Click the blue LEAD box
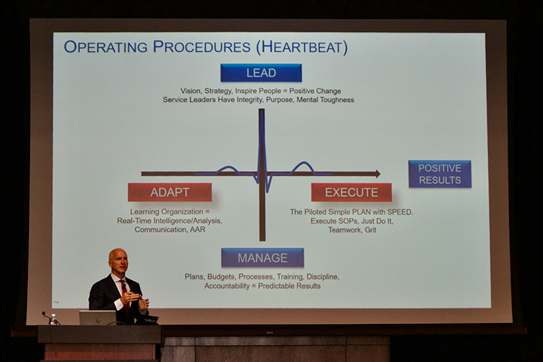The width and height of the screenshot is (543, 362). coord(261,73)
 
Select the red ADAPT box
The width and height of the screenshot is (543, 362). coord(170,192)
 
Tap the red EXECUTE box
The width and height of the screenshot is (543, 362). coord(352,192)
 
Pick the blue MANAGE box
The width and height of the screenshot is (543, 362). coord(263,257)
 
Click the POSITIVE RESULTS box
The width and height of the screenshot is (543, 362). coord(440,175)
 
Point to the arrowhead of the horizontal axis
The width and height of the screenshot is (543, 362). coord(377,174)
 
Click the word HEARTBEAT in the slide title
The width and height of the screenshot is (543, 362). coord(302,48)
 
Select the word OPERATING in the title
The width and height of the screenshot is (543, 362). coord(106,47)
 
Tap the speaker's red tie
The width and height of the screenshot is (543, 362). coord(125,295)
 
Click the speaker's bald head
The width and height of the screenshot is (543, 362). coord(118,258)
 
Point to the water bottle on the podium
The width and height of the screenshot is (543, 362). coord(53,319)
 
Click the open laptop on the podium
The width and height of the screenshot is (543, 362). coord(98,318)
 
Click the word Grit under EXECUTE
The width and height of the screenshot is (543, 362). coord(370,230)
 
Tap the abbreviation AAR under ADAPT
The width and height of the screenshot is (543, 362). coord(198,230)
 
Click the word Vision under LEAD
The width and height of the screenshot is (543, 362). coord(191,91)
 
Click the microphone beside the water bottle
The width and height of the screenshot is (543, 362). coord(47,316)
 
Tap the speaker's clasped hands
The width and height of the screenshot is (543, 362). coord(136,300)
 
